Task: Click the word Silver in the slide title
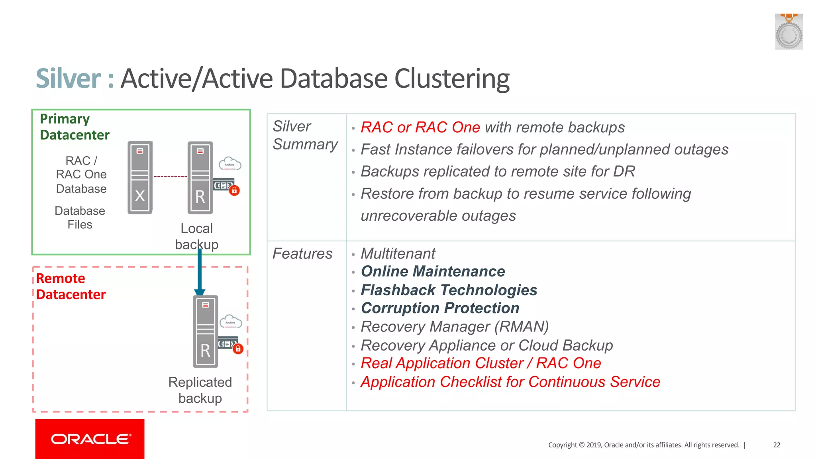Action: [69, 78]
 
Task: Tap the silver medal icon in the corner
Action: [788, 32]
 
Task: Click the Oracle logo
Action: [90, 439]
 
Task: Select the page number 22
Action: [777, 445]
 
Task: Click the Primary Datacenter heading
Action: [74, 127]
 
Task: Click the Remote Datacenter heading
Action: [71, 286]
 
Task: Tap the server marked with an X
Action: [140, 177]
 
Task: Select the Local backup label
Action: [197, 236]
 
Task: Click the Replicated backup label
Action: [200, 390]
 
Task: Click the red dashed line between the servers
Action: [170, 177]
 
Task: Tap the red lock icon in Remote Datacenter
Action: [238, 349]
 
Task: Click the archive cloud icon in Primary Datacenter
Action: [230, 164]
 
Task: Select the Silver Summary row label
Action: [305, 135]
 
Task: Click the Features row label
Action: [302, 254]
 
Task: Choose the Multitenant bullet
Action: [398, 254]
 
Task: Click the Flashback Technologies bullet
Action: [449, 290]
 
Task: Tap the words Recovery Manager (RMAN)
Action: [455, 327]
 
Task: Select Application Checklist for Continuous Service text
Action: [510, 382]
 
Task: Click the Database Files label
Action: [80, 218]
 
